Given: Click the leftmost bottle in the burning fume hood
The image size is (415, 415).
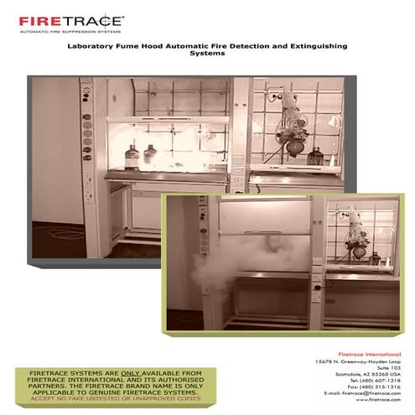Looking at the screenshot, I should [x=132, y=154].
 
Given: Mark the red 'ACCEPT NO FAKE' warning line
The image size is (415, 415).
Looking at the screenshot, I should [x=112, y=397].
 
